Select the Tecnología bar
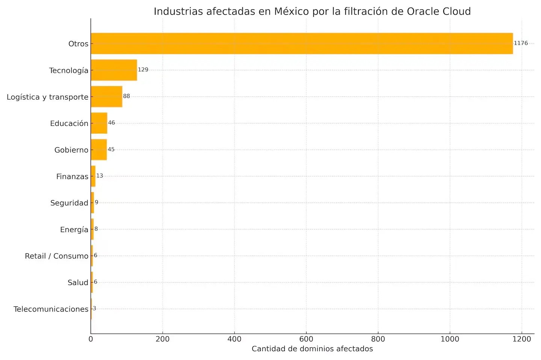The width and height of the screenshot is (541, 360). (114, 70)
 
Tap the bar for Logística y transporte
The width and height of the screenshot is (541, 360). (106, 97)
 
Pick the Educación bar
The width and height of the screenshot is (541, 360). (99, 123)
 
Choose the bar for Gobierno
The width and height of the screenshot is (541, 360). (99, 150)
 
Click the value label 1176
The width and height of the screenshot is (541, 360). (521, 43)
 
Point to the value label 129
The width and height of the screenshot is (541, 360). (143, 70)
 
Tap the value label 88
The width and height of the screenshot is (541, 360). (127, 96)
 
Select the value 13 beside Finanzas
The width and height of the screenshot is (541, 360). (100, 176)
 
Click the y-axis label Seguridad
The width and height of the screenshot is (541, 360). (69, 203)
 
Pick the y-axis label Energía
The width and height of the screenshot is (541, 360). (74, 230)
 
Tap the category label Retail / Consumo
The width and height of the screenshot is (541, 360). (56, 256)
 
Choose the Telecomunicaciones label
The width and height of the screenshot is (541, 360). (51, 309)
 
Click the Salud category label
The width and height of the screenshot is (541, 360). (78, 283)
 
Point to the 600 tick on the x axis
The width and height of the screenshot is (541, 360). (306, 339)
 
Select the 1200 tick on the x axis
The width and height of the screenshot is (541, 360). (521, 339)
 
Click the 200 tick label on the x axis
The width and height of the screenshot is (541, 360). (163, 339)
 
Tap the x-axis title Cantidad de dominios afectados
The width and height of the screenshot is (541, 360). (312, 349)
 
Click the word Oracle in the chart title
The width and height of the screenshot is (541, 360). (423, 12)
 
